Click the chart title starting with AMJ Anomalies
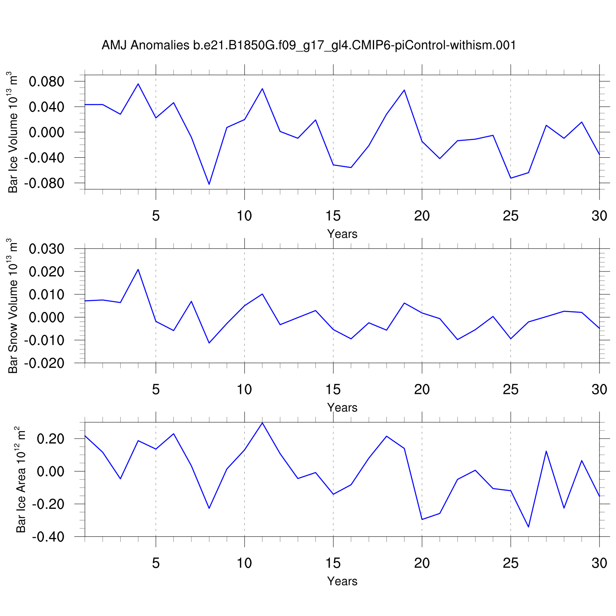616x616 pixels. (x=308, y=45)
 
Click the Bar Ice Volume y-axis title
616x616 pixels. (x=13, y=133)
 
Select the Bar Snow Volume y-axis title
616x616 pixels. (x=13, y=306)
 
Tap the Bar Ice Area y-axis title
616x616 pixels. (x=21, y=480)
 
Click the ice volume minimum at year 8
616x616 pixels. (x=209, y=184)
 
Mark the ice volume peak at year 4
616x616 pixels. (x=138, y=84)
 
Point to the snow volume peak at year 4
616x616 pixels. (x=138, y=269)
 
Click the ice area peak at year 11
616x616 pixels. (x=262, y=423)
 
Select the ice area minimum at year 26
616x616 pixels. (x=528, y=527)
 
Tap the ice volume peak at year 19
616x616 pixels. (x=404, y=90)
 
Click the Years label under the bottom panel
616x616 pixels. (x=342, y=581)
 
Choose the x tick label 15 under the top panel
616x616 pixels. (x=333, y=216)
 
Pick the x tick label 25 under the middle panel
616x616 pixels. (x=510, y=389)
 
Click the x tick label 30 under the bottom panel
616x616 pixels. (x=599, y=563)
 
